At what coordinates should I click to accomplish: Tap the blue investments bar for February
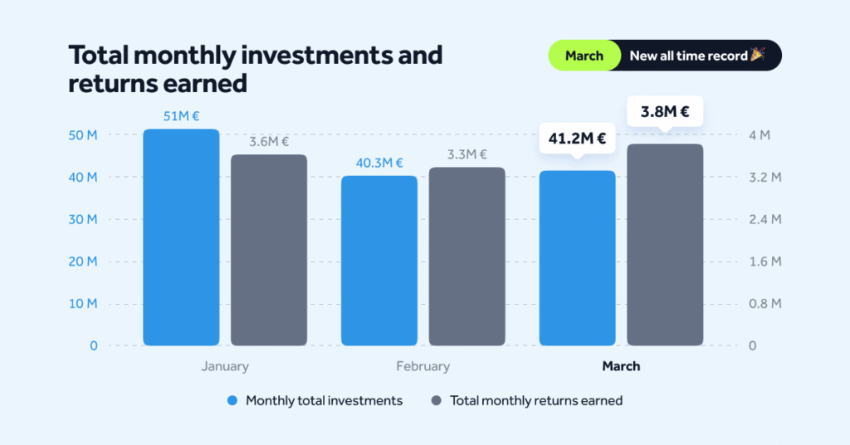tap(379, 261)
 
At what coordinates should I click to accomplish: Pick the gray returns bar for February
tap(467, 257)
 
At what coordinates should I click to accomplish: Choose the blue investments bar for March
tap(578, 258)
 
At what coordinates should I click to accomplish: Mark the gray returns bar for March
tap(665, 245)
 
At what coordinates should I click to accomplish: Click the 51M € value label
tap(181, 116)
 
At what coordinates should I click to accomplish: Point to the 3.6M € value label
tap(269, 141)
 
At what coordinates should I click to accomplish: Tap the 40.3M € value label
tap(379, 163)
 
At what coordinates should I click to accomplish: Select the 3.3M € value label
tap(467, 154)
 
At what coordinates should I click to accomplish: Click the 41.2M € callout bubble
tap(578, 138)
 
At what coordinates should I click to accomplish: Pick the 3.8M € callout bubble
tap(665, 110)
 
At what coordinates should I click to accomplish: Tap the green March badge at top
tap(584, 56)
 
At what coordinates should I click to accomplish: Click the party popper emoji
tap(757, 55)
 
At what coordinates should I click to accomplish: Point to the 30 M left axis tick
tap(82, 219)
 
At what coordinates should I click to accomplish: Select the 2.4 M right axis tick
tap(765, 219)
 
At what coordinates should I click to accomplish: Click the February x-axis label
tap(423, 366)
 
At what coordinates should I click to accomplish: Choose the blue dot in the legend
tap(232, 400)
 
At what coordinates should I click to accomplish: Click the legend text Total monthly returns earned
tap(536, 400)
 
